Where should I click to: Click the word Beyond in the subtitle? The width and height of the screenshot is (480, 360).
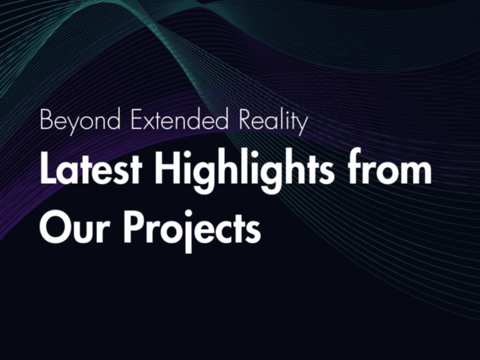[80, 121]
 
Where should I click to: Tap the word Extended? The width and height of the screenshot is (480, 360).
[180, 119]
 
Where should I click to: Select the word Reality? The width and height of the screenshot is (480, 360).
[273, 121]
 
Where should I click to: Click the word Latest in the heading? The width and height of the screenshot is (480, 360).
[91, 168]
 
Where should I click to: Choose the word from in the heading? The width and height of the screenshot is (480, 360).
[390, 166]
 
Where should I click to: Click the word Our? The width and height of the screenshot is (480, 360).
[74, 226]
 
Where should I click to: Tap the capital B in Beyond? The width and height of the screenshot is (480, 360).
[46, 119]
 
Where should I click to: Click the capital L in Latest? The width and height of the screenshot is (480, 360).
[48, 168]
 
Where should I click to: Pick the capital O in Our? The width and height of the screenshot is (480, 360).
[56, 227]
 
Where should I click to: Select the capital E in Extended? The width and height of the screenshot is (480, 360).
[137, 119]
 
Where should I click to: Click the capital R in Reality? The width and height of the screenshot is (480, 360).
[246, 119]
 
